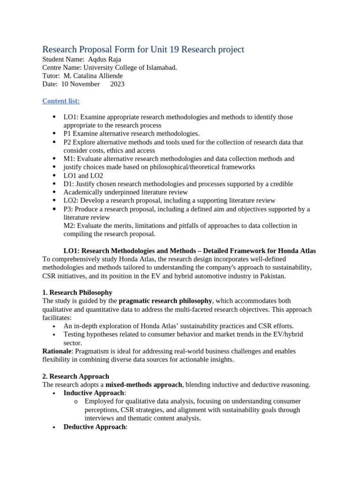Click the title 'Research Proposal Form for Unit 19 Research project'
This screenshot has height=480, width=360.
(143, 49)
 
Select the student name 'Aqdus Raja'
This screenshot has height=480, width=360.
(105, 59)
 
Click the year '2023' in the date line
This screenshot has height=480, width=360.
(117, 84)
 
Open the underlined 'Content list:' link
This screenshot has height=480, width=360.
(61, 101)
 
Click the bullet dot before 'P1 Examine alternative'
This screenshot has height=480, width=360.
(54, 134)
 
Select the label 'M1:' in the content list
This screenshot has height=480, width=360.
(69, 159)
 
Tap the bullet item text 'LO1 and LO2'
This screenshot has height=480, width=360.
(83, 175)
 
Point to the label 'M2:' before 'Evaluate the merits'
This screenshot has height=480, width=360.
(69, 226)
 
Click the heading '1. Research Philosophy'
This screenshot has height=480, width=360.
(77, 292)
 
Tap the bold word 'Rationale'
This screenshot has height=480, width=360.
(57, 351)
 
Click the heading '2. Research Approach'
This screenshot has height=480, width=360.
(76, 376)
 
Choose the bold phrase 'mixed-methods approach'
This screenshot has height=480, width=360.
(143, 385)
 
